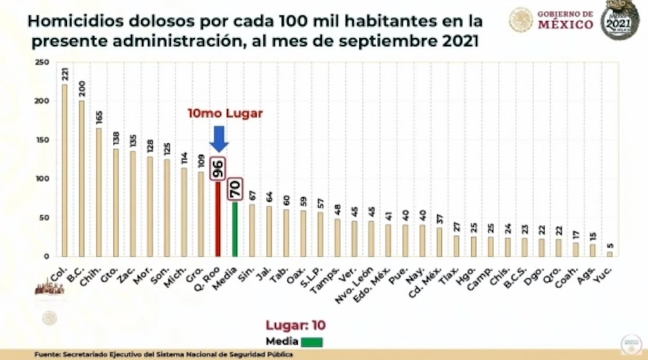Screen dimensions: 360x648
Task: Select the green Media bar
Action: click(x=235, y=229)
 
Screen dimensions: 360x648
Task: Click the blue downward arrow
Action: click(x=218, y=138)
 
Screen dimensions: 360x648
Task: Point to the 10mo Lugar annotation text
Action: click(x=225, y=114)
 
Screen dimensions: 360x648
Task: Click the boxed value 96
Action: click(x=218, y=168)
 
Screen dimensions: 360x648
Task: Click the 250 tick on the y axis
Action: click(x=42, y=63)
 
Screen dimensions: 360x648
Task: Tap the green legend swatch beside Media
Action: click(x=312, y=342)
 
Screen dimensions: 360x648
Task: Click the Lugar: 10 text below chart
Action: click(x=296, y=326)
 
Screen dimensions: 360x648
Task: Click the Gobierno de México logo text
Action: click(x=565, y=20)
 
